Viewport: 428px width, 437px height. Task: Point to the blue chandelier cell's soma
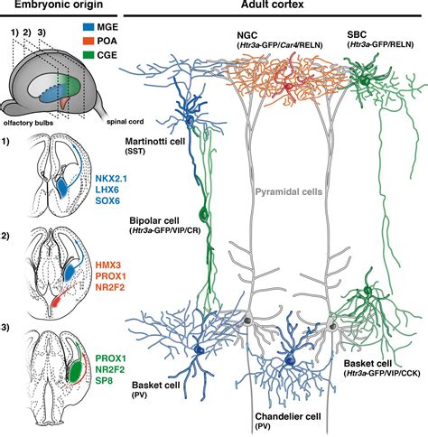pyautogui.click(x=290, y=362)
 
